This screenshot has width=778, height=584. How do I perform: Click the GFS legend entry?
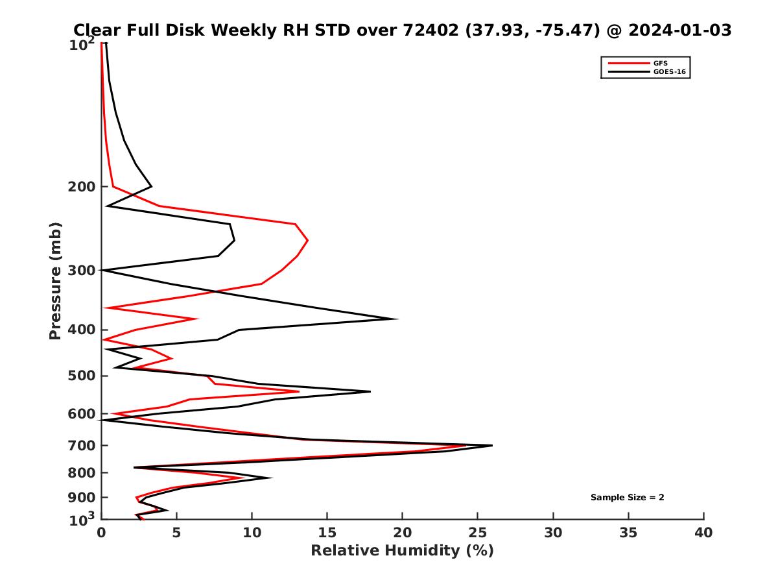tap(661, 63)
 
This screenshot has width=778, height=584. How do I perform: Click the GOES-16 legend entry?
tap(669, 72)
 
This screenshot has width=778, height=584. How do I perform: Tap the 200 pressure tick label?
tap(82, 187)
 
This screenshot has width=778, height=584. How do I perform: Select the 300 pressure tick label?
tap(82, 270)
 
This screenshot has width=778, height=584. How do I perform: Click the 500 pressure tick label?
tap(82, 376)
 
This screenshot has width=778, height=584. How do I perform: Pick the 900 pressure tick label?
tap(82, 498)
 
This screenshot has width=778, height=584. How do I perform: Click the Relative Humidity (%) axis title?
tap(402, 551)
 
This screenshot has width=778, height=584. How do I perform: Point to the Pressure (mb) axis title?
tap(55, 280)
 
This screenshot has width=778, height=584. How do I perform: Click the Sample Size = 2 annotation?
tap(627, 498)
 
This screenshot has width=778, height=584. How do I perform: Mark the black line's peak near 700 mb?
tap(492, 445)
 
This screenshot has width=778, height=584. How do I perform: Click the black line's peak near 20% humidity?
tap(397, 319)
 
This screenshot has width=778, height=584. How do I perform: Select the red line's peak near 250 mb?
tap(307, 240)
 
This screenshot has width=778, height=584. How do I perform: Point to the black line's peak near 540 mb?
tap(370, 391)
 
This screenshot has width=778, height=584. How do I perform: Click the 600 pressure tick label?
tap(82, 414)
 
